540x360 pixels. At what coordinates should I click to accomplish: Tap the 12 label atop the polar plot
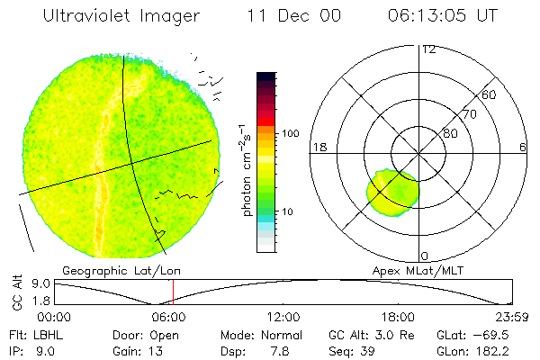pyautogui.click(x=428, y=49)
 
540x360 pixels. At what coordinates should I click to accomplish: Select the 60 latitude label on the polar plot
pyautogui.click(x=490, y=94)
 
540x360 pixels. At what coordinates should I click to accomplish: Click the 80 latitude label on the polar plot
pyautogui.click(x=451, y=133)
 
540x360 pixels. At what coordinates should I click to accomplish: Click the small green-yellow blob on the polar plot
pyautogui.click(x=392, y=193)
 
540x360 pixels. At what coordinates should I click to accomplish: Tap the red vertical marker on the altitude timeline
pyautogui.click(x=173, y=292)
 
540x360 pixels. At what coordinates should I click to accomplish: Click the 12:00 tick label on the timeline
pyautogui.click(x=284, y=317)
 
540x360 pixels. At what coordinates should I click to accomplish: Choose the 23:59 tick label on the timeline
pyautogui.click(x=513, y=317)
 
